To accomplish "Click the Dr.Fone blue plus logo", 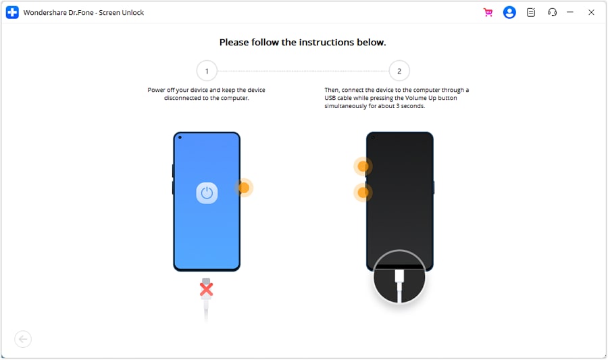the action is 12,12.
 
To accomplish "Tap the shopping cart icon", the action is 488,12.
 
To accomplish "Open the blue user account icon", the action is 509,12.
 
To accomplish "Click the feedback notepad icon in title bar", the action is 531,12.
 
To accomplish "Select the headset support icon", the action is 552,12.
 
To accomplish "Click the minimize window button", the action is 570,12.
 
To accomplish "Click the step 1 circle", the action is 207,71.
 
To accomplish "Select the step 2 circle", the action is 399,71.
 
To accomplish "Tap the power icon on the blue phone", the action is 207,192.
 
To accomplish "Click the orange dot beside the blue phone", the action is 244,188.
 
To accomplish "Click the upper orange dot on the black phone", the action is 363,166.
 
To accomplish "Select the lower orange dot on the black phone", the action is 363,192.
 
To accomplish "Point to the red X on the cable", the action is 206,289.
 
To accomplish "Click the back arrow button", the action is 23,339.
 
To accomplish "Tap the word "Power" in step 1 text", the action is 156,90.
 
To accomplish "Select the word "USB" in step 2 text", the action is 330,98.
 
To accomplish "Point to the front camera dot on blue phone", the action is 180,137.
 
